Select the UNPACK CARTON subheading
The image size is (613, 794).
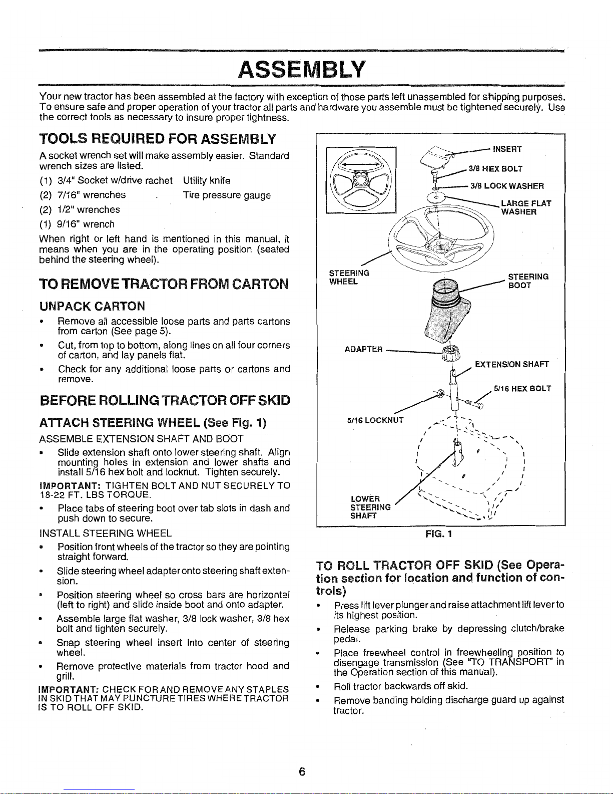[x=93, y=306]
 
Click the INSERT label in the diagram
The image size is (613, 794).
[x=507, y=149]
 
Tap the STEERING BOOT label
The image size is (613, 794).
[x=528, y=281]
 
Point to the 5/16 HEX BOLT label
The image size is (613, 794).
[x=522, y=388]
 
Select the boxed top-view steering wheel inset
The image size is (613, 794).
[x=360, y=180]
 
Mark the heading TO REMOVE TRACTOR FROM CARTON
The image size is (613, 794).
[x=164, y=284]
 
